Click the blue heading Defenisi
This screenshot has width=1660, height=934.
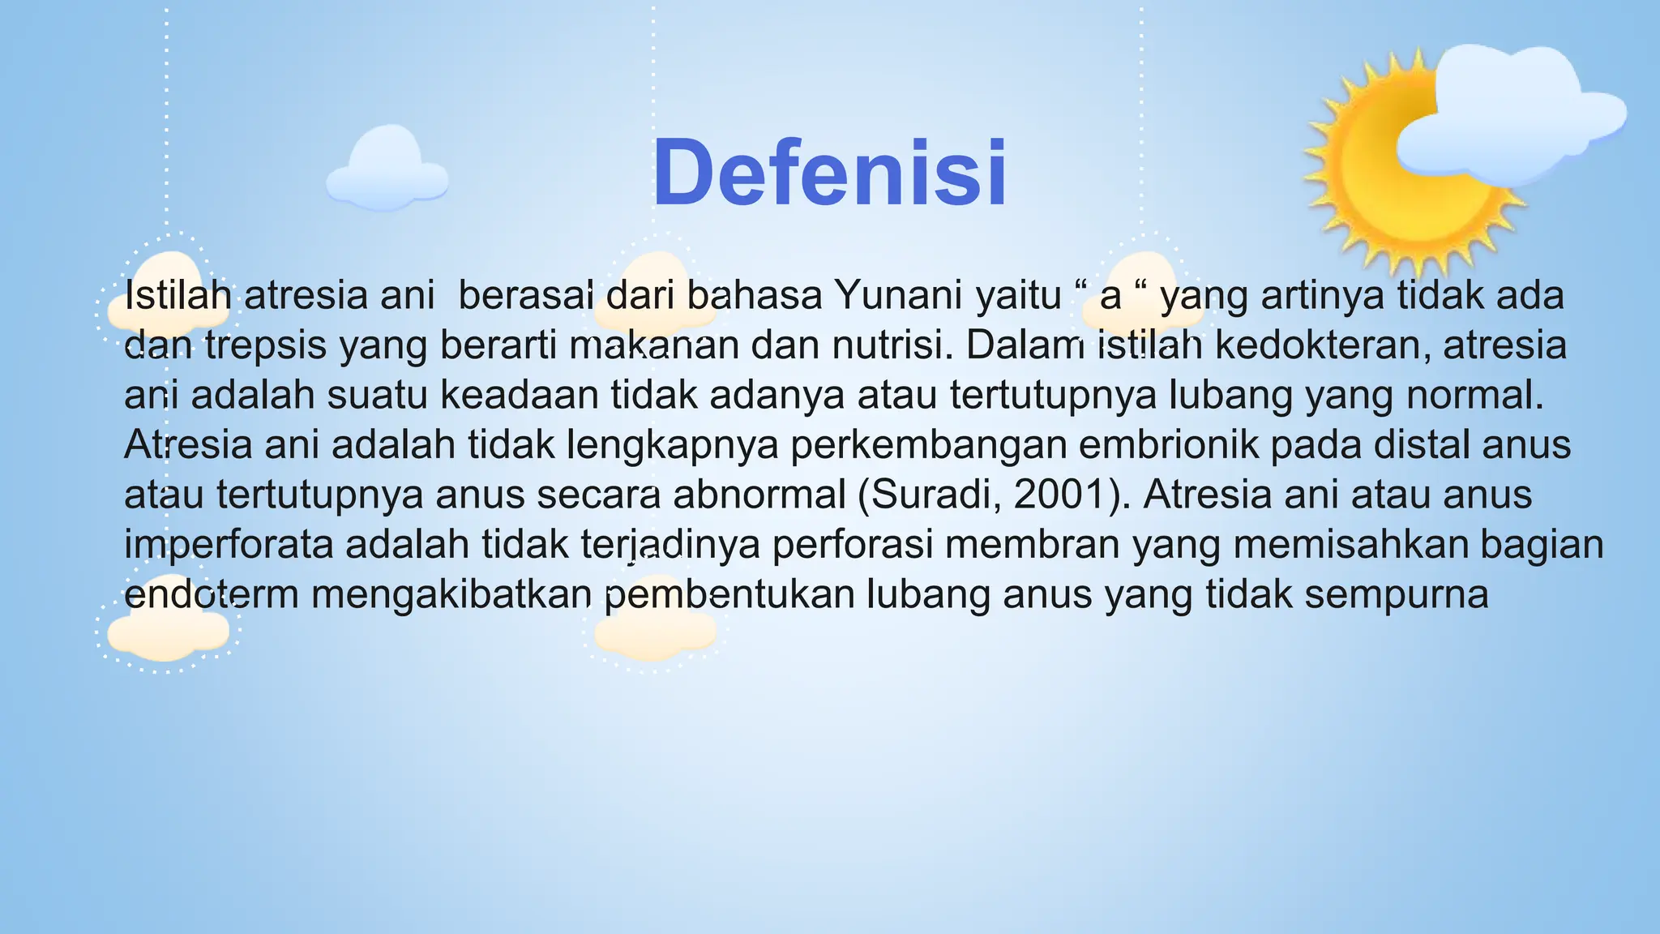[830, 174]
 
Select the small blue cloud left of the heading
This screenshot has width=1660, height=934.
[387, 170]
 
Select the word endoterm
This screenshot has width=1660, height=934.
[212, 594]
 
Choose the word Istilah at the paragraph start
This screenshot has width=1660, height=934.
[178, 295]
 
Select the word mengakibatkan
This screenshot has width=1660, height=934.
[451, 594]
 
